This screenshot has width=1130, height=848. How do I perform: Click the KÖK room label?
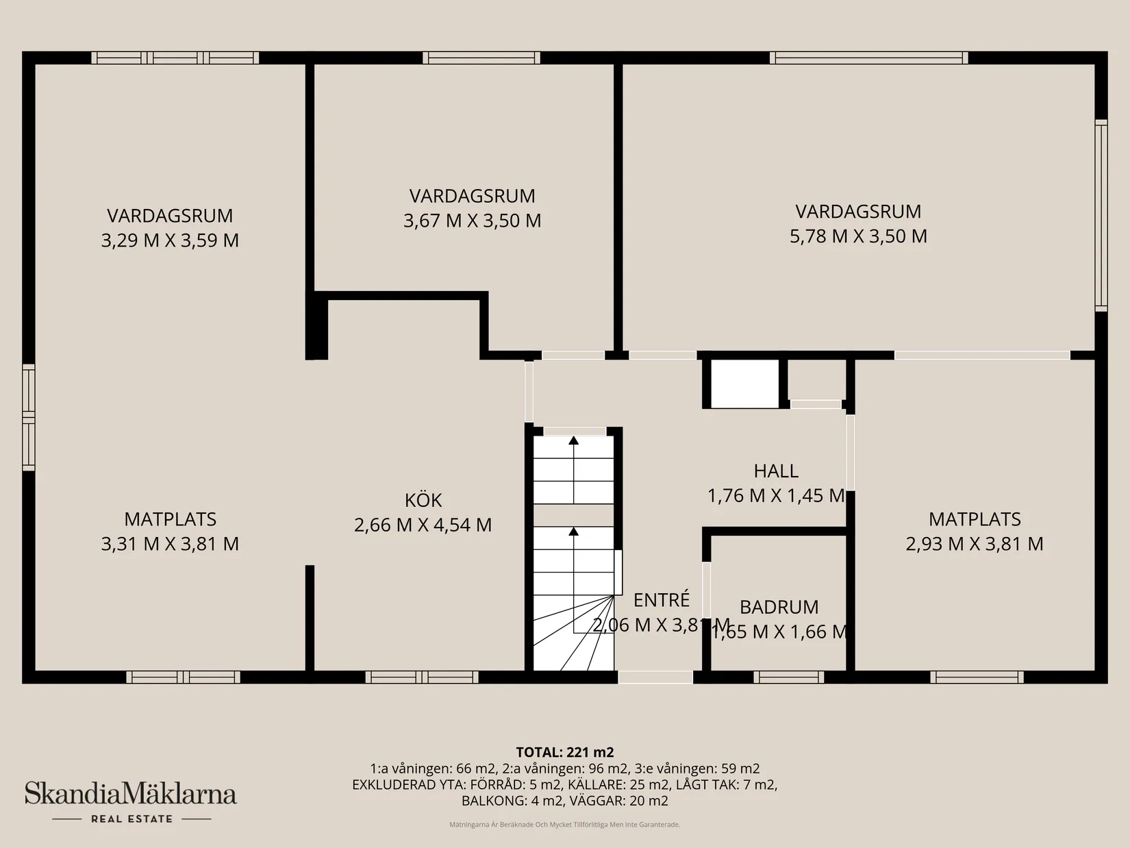point(423,500)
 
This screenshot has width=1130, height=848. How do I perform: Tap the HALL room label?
point(776,471)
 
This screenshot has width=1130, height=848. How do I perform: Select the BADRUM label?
point(779,607)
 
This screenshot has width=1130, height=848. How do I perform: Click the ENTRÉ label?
point(661,600)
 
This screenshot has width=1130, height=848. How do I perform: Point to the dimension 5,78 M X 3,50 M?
point(858,236)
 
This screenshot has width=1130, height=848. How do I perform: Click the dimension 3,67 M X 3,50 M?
point(472,221)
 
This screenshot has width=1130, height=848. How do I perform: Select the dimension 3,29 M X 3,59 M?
point(170,240)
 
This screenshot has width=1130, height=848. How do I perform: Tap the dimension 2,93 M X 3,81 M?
point(974,544)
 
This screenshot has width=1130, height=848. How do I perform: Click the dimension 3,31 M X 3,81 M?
point(170,544)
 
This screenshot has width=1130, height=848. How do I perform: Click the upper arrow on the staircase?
point(573,440)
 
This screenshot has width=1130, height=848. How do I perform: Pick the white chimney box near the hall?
point(744,384)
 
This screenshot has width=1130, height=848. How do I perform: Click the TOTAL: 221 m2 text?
point(564,752)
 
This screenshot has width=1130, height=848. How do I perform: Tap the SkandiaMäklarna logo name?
point(131,795)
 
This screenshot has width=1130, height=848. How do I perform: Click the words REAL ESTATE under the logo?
point(131,819)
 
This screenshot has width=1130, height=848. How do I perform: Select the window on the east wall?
point(1101,215)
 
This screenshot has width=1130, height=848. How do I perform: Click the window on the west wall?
point(28,417)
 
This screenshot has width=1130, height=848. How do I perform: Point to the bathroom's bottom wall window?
point(788,677)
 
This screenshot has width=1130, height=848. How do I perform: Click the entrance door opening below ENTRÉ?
point(655,677)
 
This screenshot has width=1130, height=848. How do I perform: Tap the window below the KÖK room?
point(422,677)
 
